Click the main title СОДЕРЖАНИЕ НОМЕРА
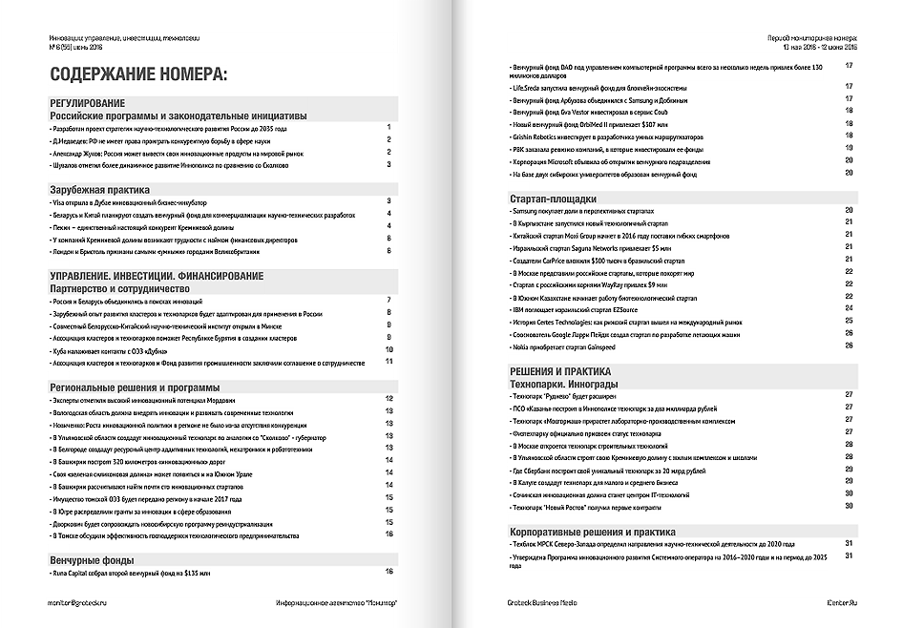tap(137, 75)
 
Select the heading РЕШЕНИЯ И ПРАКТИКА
tap(568, 370)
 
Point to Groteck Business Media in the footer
tap(542, 603)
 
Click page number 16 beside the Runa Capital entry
tap(389, 572)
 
